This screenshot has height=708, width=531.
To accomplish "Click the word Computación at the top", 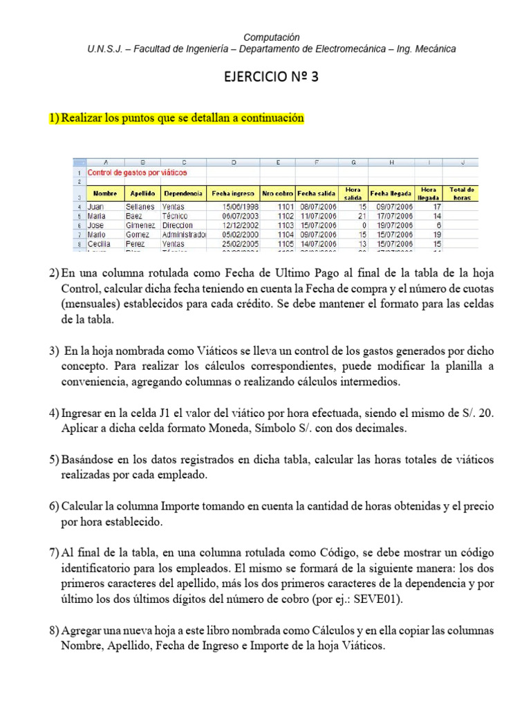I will [272, 37].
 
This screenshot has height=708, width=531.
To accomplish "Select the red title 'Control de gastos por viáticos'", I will [137, 172].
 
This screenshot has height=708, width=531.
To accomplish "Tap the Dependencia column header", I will [183, 194].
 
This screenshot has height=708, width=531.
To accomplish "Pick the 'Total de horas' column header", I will [461, 193].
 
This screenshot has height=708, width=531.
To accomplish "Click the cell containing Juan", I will [96, 206].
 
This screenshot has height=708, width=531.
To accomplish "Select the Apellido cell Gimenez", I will [140, 225].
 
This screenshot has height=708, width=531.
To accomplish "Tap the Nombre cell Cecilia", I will [100, 244].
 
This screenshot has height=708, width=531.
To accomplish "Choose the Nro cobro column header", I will [277, 194].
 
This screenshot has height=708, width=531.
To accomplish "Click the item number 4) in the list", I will [54, 413].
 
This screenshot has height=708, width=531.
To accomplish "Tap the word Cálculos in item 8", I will [306, 631].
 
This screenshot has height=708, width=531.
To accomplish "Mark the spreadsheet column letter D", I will [233, 162].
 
